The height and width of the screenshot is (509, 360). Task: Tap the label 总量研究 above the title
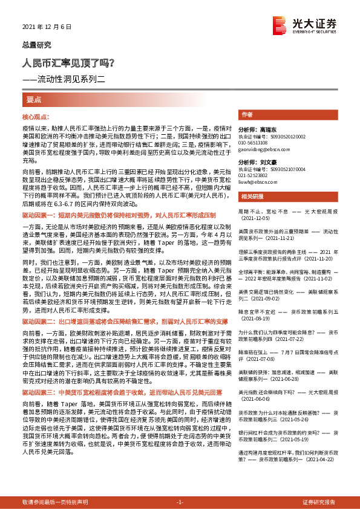click(37, 45)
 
